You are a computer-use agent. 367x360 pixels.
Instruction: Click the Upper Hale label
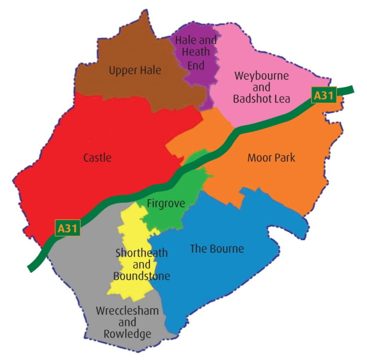coord(135,71)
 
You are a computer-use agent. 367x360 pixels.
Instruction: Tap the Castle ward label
coord(97,157)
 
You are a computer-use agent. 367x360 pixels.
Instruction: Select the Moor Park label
coord(271,158)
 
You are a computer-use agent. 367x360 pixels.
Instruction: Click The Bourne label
coord(217,249)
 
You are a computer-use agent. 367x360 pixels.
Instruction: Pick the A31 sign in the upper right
coord(324,95)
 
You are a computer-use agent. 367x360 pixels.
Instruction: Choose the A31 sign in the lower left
coord(67,229)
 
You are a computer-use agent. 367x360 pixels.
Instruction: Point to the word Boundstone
coord(141,276)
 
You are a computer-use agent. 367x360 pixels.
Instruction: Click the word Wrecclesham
coord(127,311)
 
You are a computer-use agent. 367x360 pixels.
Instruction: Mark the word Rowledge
coord(127,334)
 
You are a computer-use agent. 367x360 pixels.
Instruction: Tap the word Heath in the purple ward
coord(195,53)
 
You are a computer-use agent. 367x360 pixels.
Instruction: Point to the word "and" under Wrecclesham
coord(127,322)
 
